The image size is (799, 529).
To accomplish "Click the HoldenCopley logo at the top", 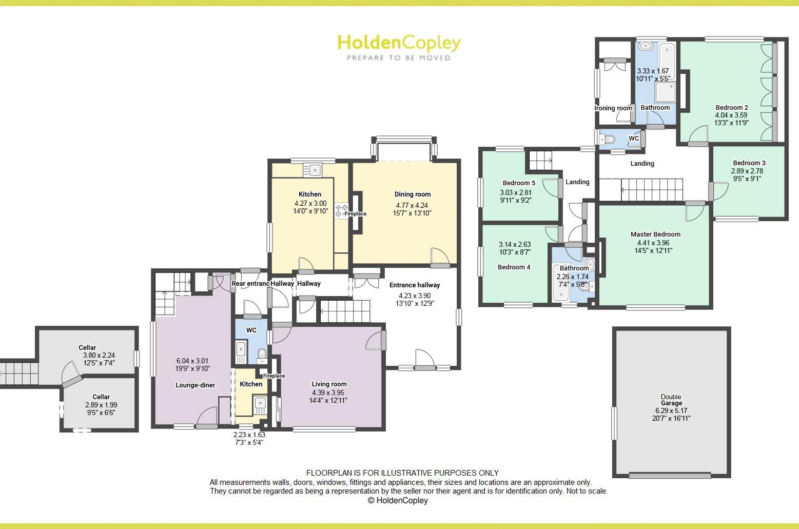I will [x=399, y=43].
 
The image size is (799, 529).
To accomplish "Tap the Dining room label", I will [x=412, y=194].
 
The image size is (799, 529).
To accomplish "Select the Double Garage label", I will [x=671, y=400].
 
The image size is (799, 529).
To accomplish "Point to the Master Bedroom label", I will [x=655, y=234].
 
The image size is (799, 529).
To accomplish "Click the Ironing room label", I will [x=614, y=108].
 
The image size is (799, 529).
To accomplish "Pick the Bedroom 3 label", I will [x=749, y=163].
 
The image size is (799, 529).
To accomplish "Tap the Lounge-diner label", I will [x=196, y=385].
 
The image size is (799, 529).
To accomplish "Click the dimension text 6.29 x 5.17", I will [x=671, y=410].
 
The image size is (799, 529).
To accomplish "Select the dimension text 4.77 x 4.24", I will [x=412, y=205].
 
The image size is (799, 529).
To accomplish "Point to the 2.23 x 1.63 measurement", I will [x=249, y=435].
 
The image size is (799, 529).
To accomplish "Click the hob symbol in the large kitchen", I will [x=341, y=211].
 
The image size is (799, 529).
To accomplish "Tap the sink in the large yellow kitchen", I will [x=312, y=169].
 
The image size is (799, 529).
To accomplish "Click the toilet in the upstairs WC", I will [x=609, y=139].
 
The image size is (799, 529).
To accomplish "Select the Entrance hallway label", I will [x=414, y=285].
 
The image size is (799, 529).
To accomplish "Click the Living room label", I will [x=329, y=384].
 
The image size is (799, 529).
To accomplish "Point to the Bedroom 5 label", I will [x=519, y=183].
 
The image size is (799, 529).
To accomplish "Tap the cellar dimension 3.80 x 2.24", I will [x=99, y=355].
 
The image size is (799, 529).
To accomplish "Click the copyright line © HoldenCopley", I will [x=397, y=501].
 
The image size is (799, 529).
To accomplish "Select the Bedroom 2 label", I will [x=732, y=108].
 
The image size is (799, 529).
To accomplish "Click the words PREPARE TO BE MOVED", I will [x=399, y=58].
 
